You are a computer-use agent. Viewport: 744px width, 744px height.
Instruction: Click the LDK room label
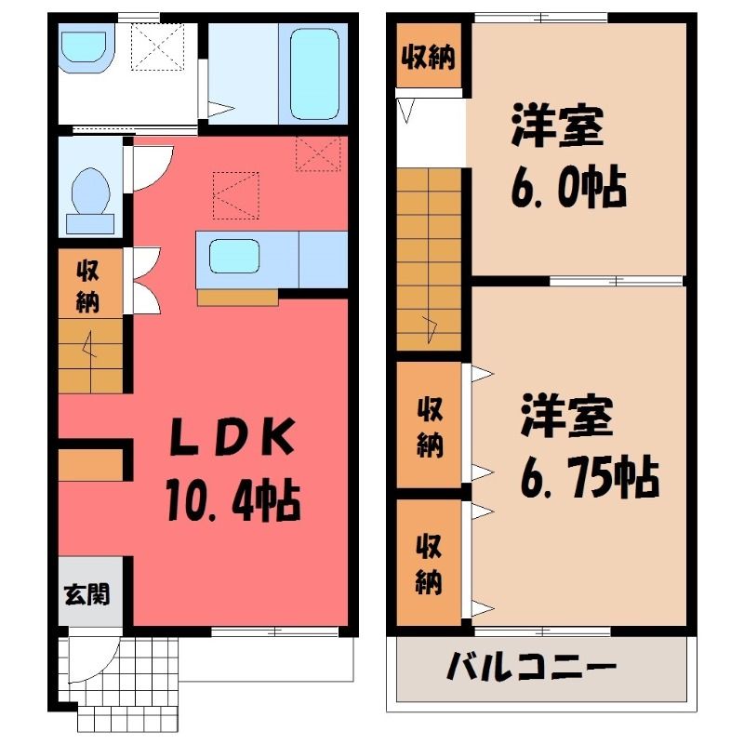point(232,436)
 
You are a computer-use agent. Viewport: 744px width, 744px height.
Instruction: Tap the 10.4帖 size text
point(233,501)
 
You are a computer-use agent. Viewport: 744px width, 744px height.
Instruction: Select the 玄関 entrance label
point(87,594)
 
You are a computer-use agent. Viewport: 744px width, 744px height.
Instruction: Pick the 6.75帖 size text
point(590,476)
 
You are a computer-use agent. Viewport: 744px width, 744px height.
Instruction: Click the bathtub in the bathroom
point(314,74)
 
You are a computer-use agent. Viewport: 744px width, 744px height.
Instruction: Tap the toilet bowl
point(90,193)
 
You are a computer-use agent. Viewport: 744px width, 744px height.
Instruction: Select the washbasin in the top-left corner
point(85,46)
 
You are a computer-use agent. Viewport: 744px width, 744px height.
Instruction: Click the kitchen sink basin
point(234,257)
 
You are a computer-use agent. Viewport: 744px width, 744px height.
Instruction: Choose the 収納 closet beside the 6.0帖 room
point(429,56)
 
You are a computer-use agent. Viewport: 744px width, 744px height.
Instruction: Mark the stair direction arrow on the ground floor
point(89,344)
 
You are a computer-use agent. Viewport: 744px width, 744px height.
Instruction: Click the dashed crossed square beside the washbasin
point(157,46)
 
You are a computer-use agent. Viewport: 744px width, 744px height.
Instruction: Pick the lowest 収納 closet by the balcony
point(429,563)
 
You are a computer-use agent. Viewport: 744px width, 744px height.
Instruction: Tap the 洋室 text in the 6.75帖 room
point(567,415)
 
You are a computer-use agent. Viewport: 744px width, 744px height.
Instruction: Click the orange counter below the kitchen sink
point(238,297)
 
